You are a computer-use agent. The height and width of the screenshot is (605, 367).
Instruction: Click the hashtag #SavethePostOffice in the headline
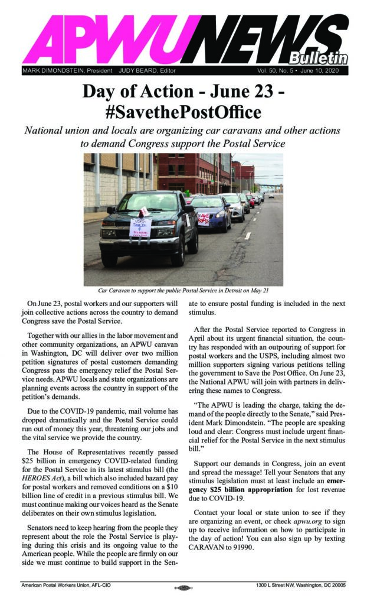coord(183,111)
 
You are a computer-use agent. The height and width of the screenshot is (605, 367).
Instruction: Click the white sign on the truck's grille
coord(140,227)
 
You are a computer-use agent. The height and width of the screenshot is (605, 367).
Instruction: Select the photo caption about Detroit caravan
coord(183,291)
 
